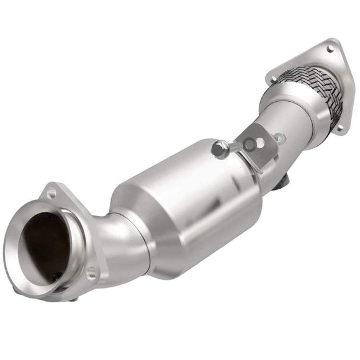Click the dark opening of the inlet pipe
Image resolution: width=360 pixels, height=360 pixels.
[x=43, y=245]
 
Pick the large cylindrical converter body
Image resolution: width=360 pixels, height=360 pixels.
[x=186, y=205]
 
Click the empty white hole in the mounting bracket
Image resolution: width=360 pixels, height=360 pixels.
[x=259, y=142]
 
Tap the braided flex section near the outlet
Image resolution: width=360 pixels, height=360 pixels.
[x=313, y=87]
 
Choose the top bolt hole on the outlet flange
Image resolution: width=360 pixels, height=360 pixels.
[x=330, y=48]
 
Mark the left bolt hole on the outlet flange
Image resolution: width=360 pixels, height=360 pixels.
[x=272, y=78]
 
